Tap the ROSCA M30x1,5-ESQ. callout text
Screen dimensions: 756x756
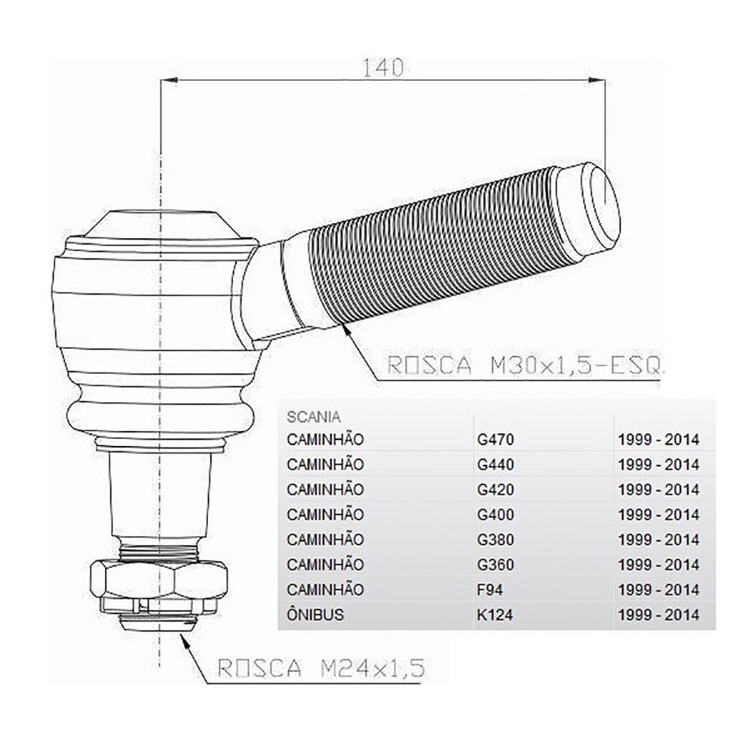(525, 365)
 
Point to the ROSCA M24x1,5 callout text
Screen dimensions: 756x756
(321, 668)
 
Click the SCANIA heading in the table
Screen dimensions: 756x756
(314, 417)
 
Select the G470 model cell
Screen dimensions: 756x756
(496, 440)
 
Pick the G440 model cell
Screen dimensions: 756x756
(496, 465)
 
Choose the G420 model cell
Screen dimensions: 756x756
(496, 490)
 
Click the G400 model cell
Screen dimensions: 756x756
(496, 515)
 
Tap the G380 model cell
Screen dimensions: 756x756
(496, 540)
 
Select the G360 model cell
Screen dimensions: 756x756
(496, 565)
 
